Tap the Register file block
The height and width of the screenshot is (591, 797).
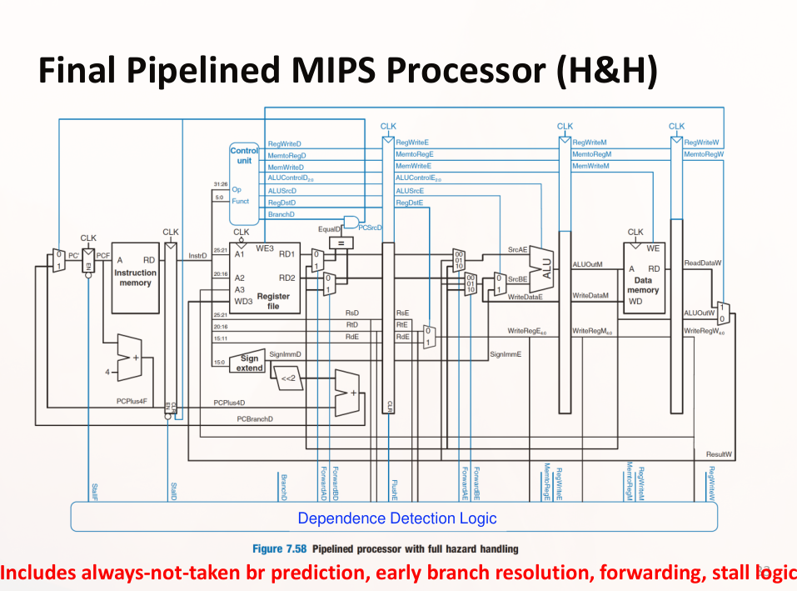[x=265, y=279]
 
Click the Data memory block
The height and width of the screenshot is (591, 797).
[x=644, y=279]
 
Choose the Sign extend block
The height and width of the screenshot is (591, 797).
[x=249, y=363]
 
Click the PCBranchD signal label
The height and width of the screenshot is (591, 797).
[x=256, y=418]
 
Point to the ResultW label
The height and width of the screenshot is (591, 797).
[x=719, y=454]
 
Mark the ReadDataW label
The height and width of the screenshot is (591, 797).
[x=701, y=263]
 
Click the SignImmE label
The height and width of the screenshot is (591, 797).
[x=505, y=354]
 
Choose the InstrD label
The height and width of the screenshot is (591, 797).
[x=197, y=256]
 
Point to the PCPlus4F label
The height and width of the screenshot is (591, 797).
[x=132, y=401]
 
